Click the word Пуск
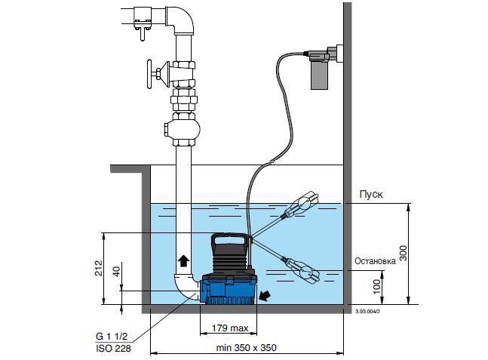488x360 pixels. point(370,194)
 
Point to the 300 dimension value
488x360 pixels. point(404,253)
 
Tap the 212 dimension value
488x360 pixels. point(99,268)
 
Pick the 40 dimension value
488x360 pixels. point(116,272)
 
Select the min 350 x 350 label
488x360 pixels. point(246,348)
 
